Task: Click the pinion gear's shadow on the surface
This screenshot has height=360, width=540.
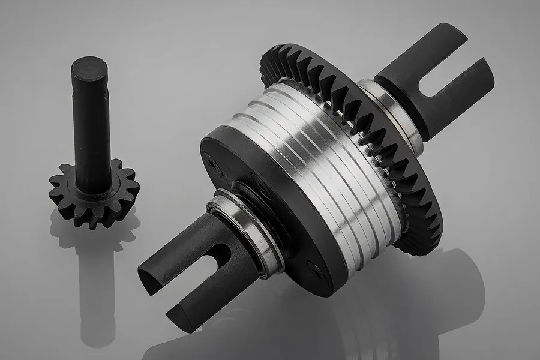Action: (96, 264)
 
